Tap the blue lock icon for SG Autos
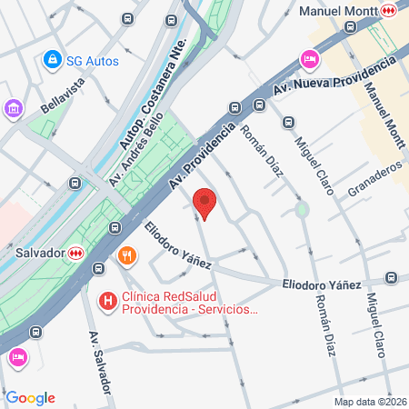53,60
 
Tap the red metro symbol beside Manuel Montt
389,11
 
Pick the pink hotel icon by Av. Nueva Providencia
309,59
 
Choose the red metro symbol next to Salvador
75,254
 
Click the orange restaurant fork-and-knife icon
127,255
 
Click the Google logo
30,398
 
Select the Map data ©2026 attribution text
370,402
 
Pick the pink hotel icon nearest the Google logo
17,357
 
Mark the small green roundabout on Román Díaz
302,210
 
